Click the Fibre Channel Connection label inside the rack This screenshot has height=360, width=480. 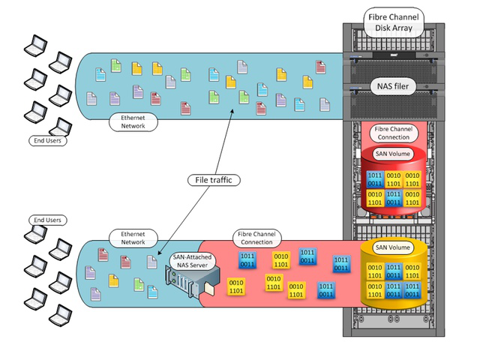[391, 133]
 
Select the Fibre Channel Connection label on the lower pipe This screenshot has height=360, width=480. [257, 238]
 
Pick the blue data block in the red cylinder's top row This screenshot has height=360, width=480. [374, 179]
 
